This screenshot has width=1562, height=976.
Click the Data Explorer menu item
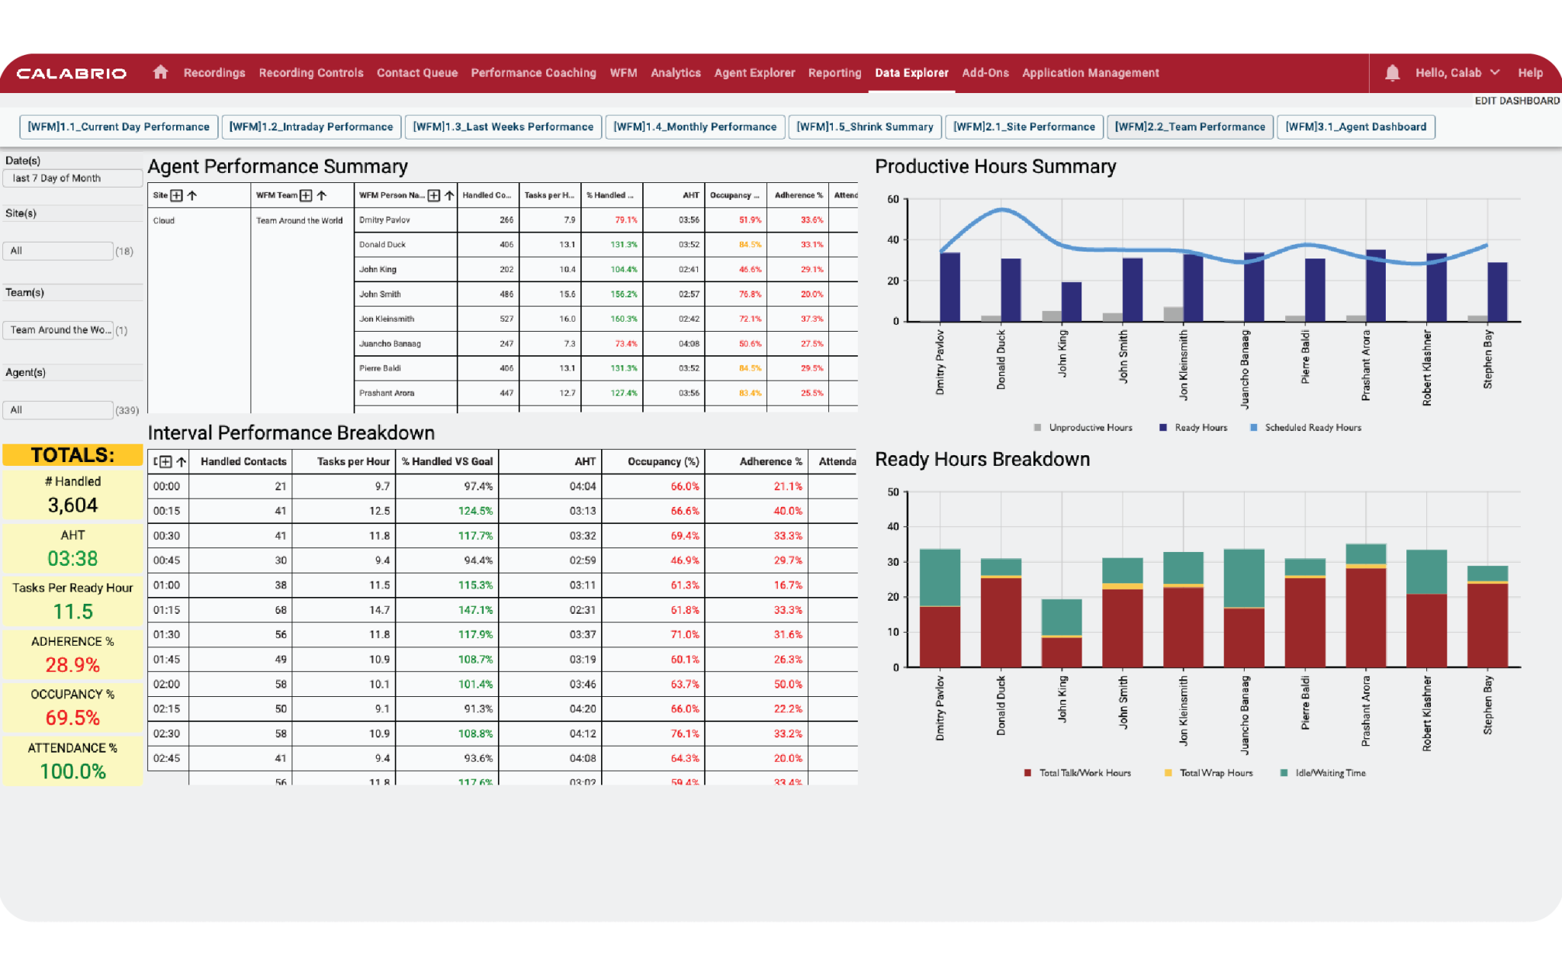(x=911, y=73)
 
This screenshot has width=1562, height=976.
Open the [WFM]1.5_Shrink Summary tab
(x=865, y=127)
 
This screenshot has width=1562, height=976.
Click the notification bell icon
(x=1392, y=73)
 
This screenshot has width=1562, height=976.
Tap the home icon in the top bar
(x=160, y=72)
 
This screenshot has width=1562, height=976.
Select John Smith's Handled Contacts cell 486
(x=506, y=294)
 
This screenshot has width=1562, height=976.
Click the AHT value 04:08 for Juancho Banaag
(x=689, y=344)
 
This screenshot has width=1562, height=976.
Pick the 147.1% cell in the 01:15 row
(x=475, y=610)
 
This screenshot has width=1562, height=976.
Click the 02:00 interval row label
(x=167, y=684)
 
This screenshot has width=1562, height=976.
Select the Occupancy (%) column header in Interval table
(x=663, y=461)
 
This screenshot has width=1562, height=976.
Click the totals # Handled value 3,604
(x=72, y=506)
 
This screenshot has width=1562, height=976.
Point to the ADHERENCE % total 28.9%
(x=72, y=665)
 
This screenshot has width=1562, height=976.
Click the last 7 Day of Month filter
(x=72, y=178)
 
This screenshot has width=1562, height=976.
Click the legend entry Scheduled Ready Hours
(x=1312, y=428)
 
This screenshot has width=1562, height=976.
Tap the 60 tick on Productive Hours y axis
(x=892, y=200)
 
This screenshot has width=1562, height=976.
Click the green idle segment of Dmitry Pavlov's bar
(x=940, y=577)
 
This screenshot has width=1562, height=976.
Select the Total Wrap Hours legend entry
(x=1215, y=773)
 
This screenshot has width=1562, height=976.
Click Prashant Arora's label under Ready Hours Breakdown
(x=1365, y=711)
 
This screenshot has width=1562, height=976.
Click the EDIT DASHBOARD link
(x=1516, y=101)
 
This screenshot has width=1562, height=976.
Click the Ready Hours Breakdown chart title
(x=982, y=460)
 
